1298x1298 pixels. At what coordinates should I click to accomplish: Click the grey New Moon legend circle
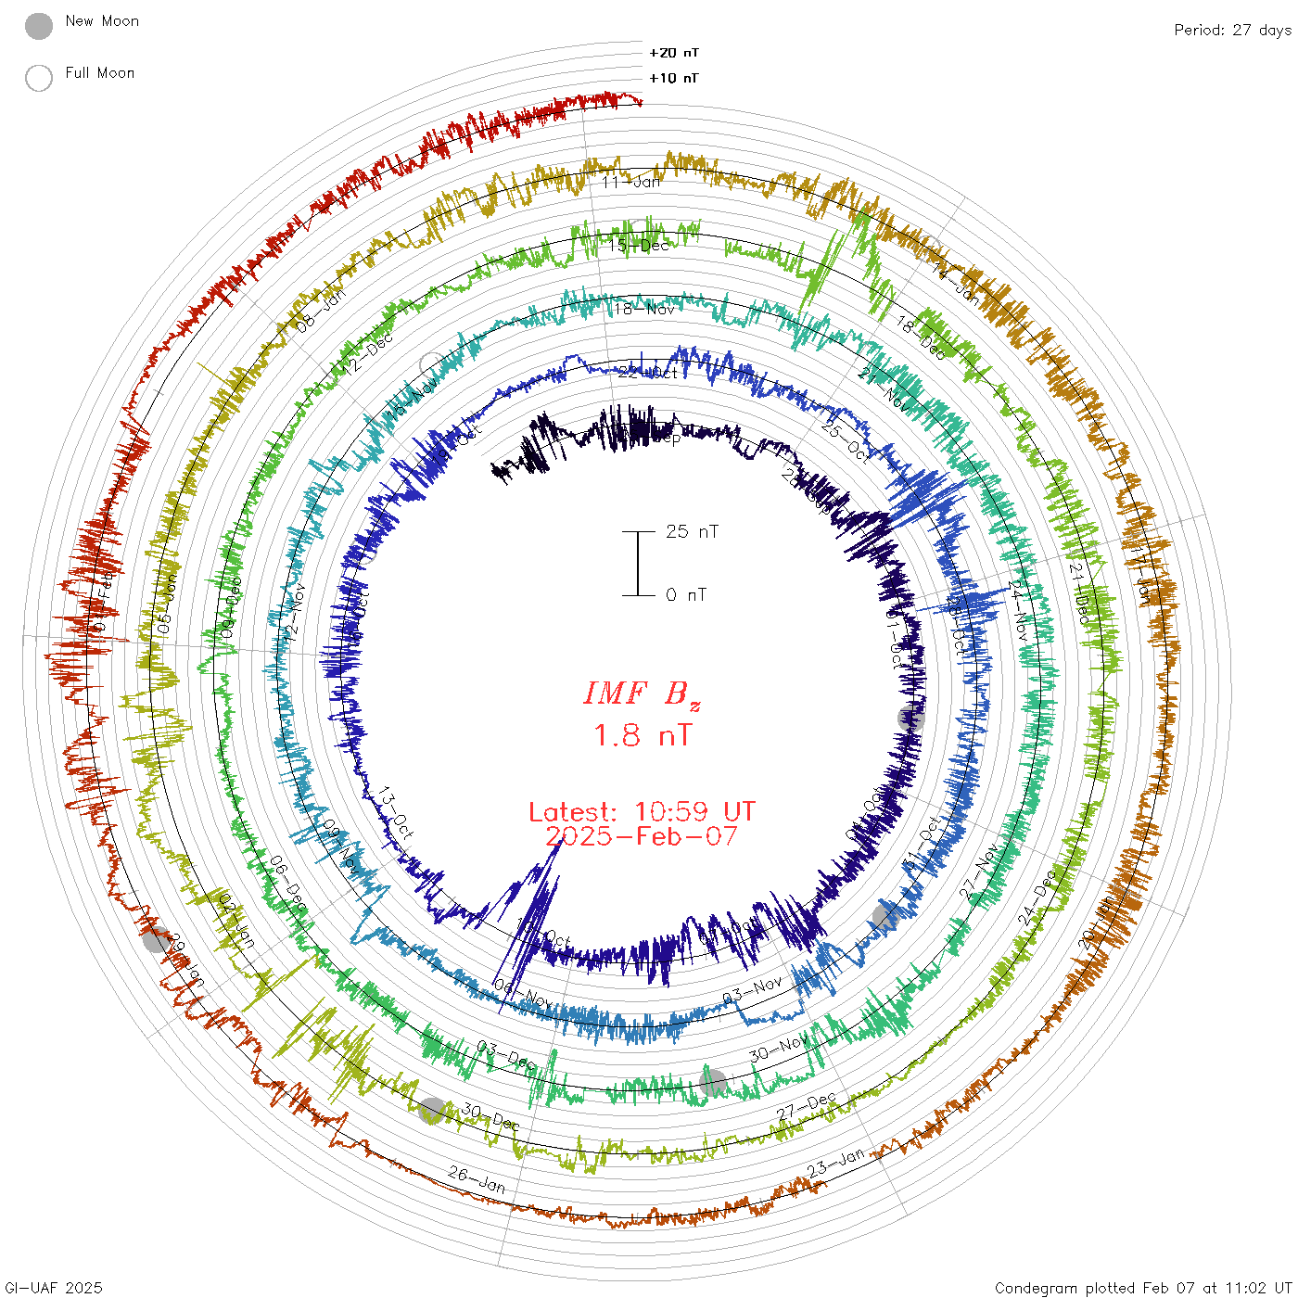(x=39, y=27)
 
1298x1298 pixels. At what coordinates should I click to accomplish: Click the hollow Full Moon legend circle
(x=39, y=78)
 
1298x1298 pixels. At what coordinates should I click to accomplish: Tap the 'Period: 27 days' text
(x=1232, y=30)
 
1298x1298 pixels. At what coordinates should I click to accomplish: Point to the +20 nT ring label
(x=674, y=53)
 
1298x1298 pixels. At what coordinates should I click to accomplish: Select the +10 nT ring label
(x=674, y=78)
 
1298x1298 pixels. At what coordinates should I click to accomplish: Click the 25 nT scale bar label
(x=692, y=531)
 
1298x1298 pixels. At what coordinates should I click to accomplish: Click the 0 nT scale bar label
(x=686, y=594)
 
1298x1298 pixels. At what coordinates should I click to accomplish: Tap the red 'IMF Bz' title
(x=642, y=694)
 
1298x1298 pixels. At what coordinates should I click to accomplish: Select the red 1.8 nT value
(x=642, y=735)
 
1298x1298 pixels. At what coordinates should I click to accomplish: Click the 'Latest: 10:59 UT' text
(x=642, y=812)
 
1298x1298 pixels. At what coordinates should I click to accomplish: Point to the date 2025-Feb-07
(x=642, y=836)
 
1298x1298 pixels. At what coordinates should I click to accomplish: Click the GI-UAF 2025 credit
(x=54, y=1288)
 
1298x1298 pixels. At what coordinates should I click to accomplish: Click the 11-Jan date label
(x=631, y=182)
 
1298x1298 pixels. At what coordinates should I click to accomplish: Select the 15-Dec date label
(x=639, y=246)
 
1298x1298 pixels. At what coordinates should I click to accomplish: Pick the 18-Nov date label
(x=645, y=309)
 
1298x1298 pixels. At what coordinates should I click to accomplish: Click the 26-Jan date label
(x=477, y=1179)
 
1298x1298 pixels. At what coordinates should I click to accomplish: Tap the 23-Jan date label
(x=835, y=1163)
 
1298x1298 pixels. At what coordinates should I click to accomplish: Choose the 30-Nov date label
(x=778, y=1050)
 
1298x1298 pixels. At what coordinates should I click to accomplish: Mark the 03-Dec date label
(x=505, y=1054)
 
